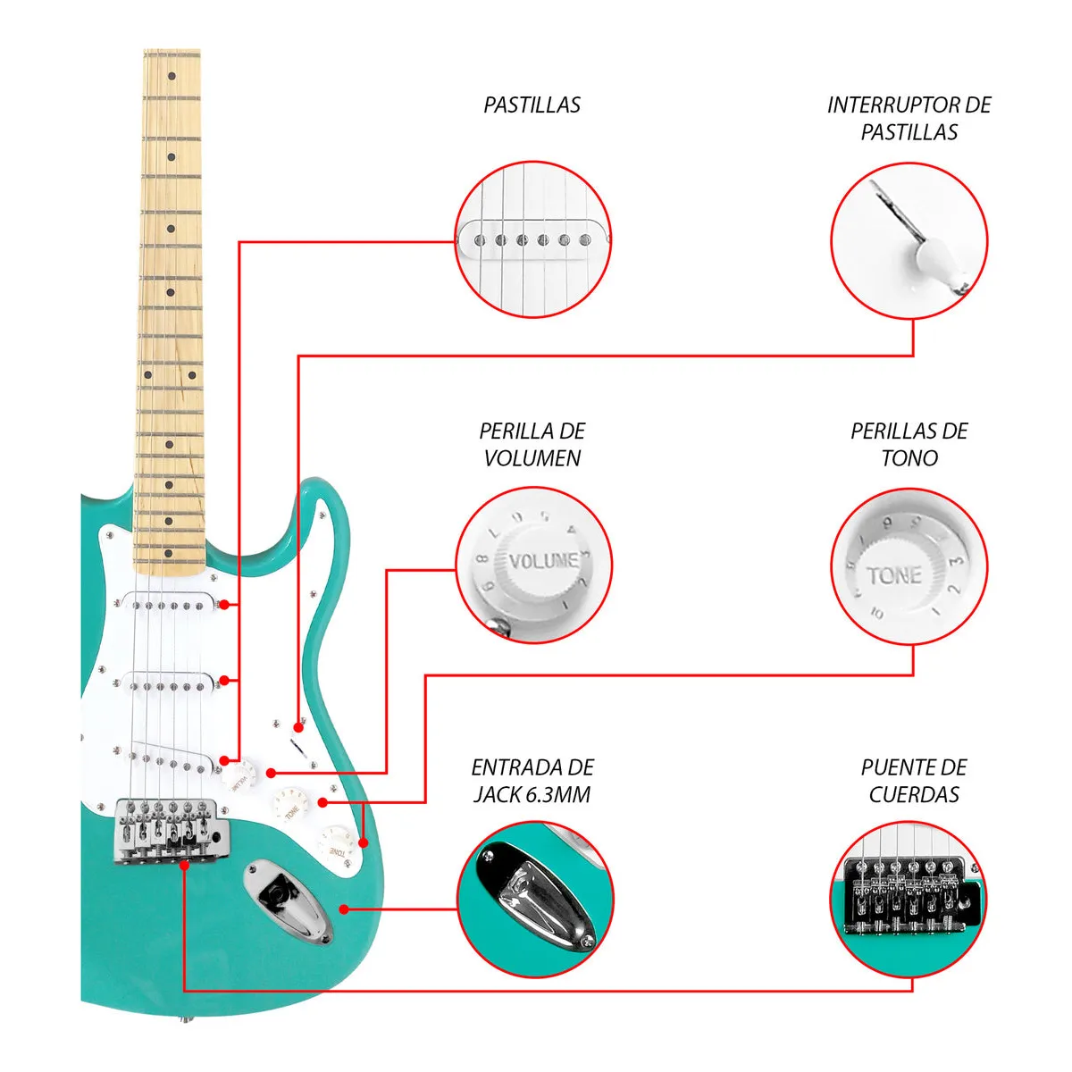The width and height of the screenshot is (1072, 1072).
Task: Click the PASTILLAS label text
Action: (532, 105)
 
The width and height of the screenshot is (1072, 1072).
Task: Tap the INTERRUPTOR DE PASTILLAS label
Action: (909, 119)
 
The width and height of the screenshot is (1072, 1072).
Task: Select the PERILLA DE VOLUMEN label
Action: (532, 444)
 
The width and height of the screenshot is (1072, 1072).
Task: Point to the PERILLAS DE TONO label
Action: (909, 444)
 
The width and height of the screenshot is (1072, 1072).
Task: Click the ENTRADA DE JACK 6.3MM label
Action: (532, 781)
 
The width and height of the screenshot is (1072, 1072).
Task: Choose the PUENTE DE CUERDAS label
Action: (913, 781)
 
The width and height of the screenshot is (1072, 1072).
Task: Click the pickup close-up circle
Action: (533, 239)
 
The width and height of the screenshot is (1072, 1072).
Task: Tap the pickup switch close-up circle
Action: (909, 239)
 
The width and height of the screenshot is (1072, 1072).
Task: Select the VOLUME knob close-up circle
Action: (533, 565)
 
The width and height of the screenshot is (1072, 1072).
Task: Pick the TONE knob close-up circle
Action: (909, 565)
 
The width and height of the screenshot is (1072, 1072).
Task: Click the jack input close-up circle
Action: (535, 897)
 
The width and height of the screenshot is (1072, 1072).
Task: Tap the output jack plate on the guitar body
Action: (287, 900)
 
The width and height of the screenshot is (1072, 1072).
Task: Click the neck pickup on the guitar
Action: (170, 605)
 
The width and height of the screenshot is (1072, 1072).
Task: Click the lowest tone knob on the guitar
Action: (338, 845)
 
